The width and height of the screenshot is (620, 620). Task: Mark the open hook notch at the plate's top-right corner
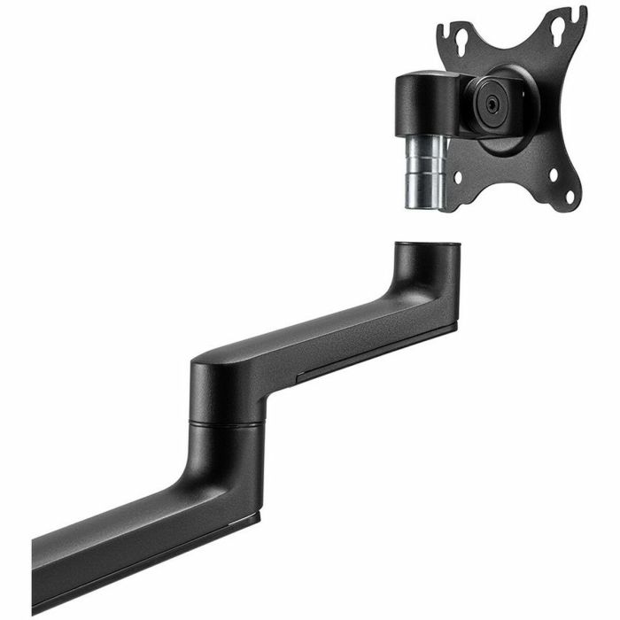point(578,15)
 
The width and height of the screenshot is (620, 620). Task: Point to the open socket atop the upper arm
point(427,245)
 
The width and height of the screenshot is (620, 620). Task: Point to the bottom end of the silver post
point(424,206)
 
